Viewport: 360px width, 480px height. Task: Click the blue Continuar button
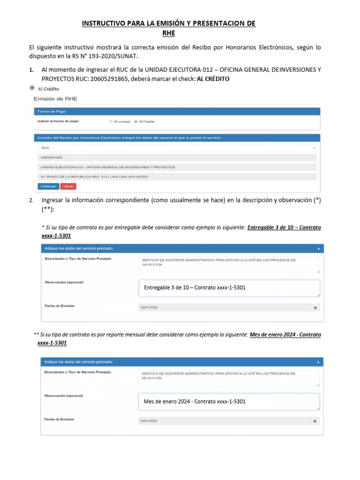[48, 186]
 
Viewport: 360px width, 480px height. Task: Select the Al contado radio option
[111, 121]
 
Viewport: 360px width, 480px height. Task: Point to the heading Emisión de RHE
[55, 99]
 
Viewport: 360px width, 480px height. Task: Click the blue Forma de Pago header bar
[176, 111]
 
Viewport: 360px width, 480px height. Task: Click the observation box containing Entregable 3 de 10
[229, 288]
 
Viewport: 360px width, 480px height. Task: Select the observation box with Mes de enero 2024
[229, 402]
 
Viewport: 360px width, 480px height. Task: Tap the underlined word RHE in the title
[168, 33]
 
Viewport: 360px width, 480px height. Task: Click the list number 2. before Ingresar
[31, 201]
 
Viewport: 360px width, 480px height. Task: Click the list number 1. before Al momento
[31, 70]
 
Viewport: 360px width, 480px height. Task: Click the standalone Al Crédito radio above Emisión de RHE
[32, 88]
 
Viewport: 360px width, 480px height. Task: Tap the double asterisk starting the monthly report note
[36, 335]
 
